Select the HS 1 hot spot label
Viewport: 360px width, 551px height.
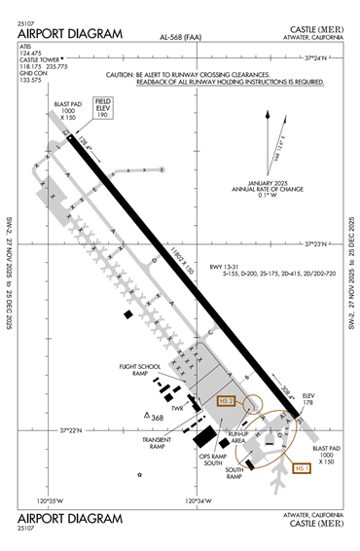[303, 467]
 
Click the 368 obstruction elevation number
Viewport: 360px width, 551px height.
[157, 418]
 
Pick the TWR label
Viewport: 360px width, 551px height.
[178, 409]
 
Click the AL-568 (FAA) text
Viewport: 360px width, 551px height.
[182, 37]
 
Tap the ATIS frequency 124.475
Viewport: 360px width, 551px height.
[34, 53]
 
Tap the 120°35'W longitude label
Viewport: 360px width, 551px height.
[49, 501]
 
